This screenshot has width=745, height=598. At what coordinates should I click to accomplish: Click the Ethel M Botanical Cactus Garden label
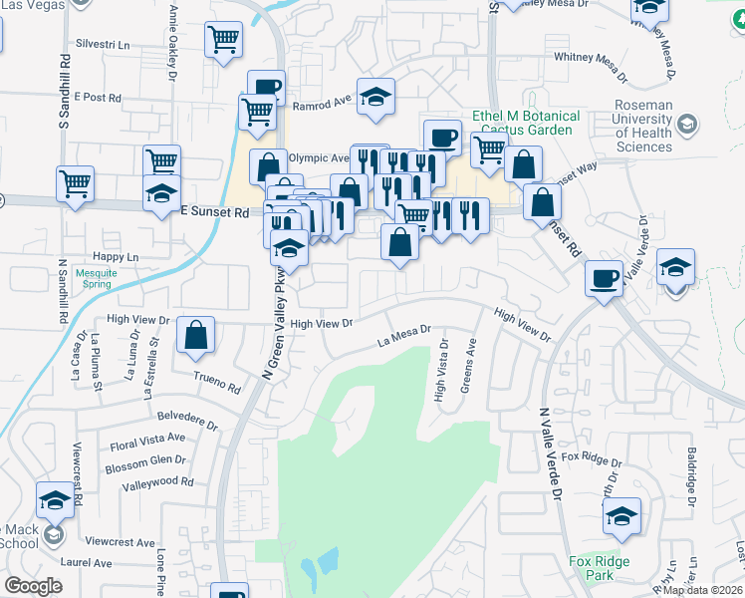(x=528, y=123)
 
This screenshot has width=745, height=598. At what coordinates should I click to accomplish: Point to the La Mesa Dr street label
(x=403, y=336)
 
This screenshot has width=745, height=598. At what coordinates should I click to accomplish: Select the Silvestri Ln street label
(x=104, y=45)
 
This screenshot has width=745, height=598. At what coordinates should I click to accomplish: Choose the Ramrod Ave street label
(x=323, y=103)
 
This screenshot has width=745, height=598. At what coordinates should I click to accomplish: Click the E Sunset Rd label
(x=214, y=212)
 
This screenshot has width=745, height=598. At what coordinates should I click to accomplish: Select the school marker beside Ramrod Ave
(x=375, y=97)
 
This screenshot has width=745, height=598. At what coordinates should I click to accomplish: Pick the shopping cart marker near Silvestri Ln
(x=224, y=40)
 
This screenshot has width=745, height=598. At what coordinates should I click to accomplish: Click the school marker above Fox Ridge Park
(x=621, y=515)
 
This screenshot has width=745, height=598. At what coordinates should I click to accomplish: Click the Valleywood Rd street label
(x=157, y=481)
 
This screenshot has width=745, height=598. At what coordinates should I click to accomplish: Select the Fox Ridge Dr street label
(x=591, y=459)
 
